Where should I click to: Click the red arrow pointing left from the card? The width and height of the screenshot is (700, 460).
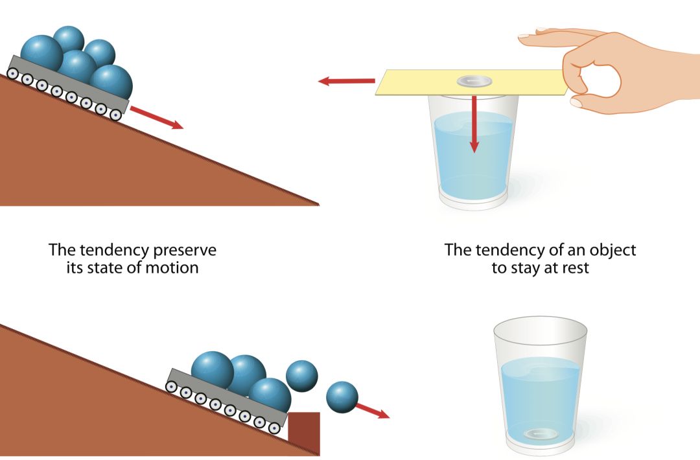coord(346,82)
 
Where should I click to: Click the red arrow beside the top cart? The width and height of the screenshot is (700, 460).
coord(156,117)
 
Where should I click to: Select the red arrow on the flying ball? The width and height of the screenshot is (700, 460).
coord(373,410)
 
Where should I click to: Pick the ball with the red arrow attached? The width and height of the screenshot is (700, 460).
coord(342,397)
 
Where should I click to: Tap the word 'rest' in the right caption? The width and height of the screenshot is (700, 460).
coord(575,268)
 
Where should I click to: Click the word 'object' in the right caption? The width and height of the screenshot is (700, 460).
coord(611,249)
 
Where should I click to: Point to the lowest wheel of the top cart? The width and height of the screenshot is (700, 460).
coord(116,115)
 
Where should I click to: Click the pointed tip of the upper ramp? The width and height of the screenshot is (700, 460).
coord(318,204)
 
